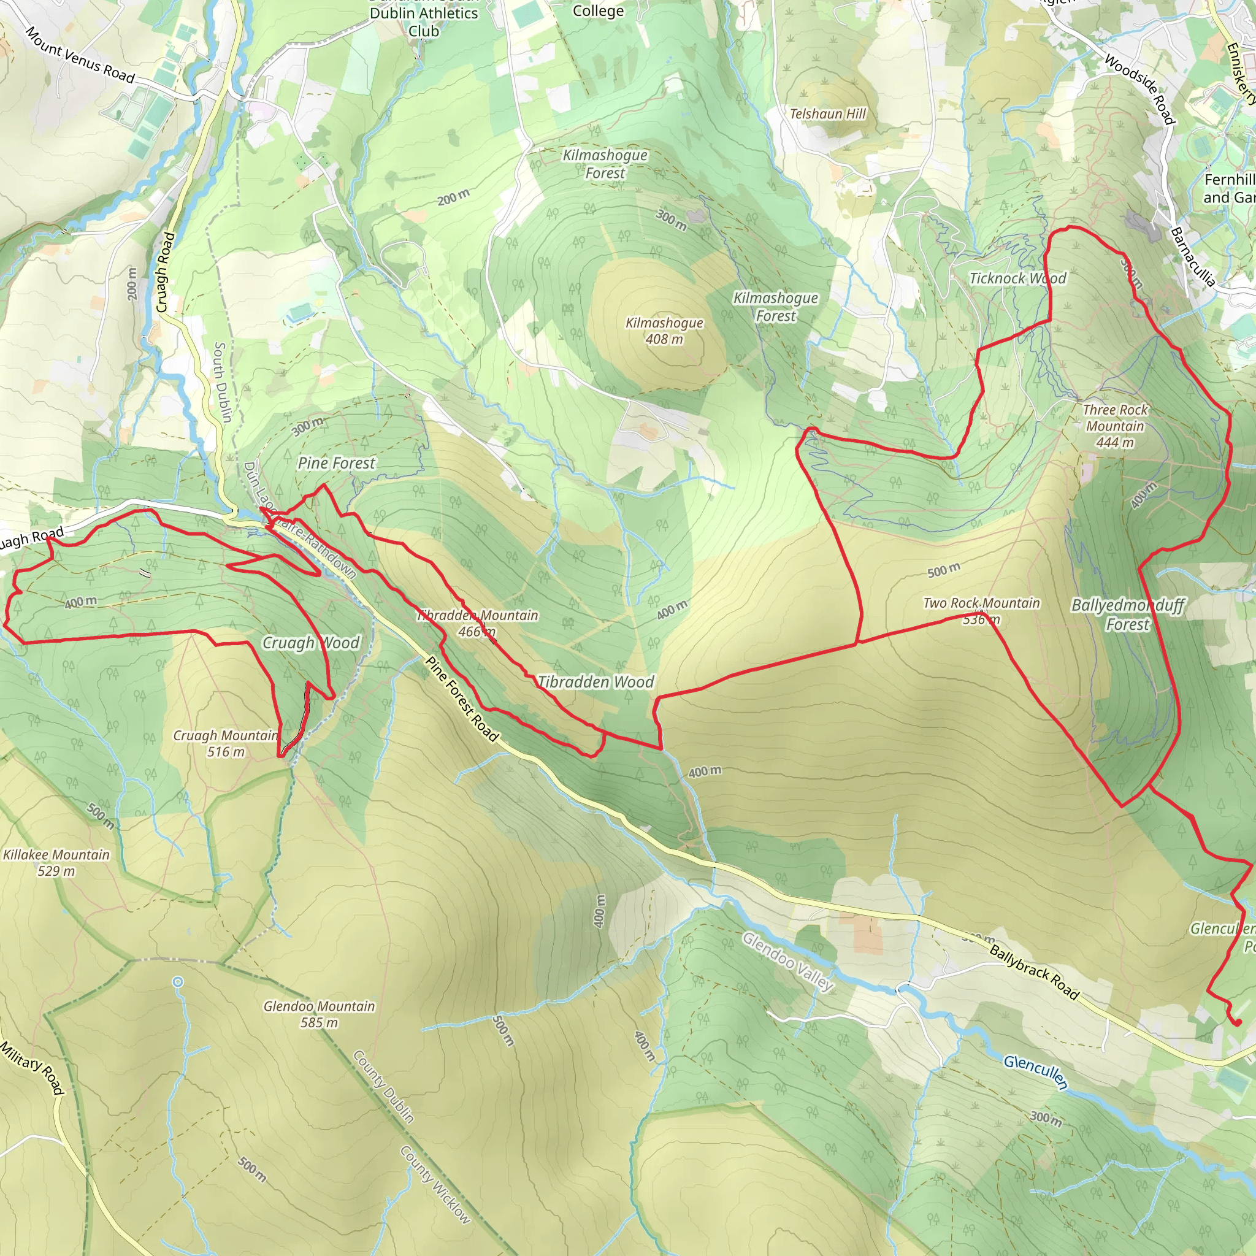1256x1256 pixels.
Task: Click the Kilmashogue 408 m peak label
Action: pos(664,331)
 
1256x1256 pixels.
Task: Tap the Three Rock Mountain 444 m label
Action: pos(1115,426)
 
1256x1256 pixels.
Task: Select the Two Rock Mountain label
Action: pos(981,603)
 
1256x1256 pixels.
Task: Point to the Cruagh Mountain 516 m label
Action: pos(226,744)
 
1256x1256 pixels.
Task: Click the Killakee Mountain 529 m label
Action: pos(56,863)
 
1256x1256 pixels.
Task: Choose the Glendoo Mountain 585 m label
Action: pos(319,1014)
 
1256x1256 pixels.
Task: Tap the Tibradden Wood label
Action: pos(595,682)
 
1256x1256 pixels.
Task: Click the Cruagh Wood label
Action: pos(311,643)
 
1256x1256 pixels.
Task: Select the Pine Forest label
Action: pos(336,463)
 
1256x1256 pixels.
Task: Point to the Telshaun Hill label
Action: pos(827,114)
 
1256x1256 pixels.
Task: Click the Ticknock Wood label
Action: pos(1017,278)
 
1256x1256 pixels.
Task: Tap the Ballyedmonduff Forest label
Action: pos(1128,615)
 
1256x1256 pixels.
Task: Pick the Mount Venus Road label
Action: pos(79,55)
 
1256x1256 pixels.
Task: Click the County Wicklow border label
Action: pos(434,1184)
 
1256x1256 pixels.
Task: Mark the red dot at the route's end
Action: pos(1237,1022)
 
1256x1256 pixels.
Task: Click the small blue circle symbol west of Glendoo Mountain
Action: pos(178,982)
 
